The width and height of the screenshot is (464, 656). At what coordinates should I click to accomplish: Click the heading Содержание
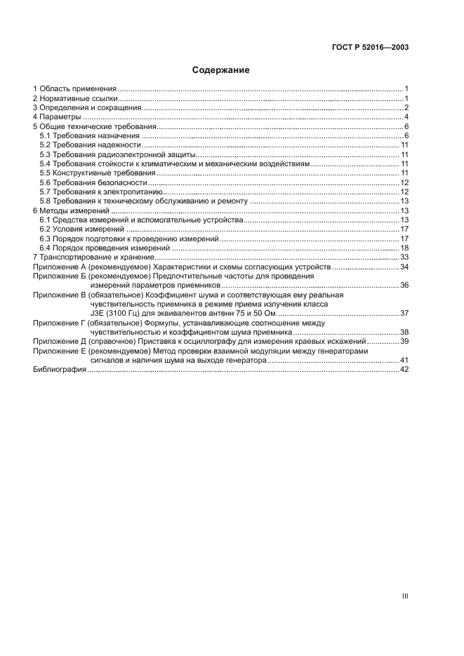click(221, 70)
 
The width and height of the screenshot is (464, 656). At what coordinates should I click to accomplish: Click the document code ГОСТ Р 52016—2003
click(369, 48)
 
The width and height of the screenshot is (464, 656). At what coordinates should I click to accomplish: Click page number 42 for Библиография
click(404, 370)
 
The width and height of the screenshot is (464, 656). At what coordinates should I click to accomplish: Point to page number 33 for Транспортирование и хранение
click(404, 257)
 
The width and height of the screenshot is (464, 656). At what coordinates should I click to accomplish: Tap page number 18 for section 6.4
click(404, 248)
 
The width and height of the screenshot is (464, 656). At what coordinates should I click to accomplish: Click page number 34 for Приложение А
click(404, 267)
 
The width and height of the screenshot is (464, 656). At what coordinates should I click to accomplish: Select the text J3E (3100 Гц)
click(116, 313)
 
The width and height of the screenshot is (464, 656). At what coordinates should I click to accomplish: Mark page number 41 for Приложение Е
click(404, 360)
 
